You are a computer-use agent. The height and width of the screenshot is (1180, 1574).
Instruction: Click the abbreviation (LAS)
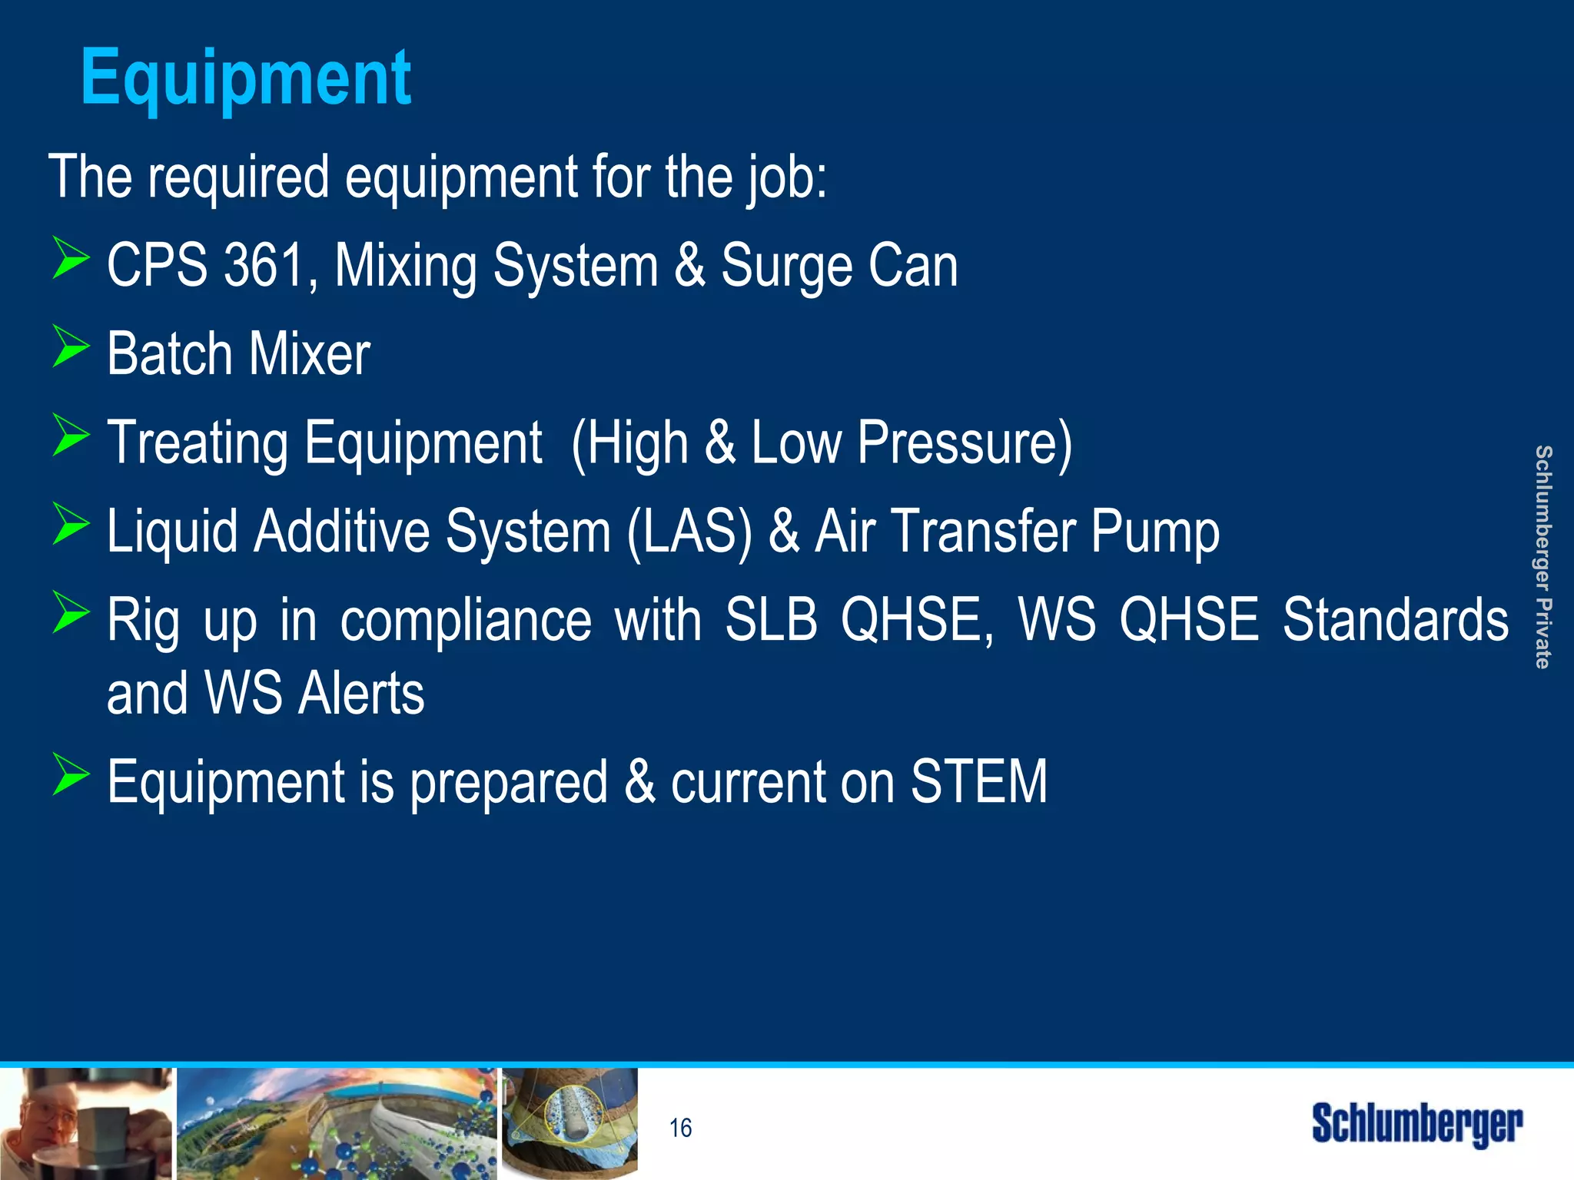689,532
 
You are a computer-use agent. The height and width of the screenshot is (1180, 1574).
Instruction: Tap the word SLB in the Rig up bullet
771,620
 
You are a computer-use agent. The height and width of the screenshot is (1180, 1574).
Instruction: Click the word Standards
1395,620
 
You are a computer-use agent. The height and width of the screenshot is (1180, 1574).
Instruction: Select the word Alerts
361,694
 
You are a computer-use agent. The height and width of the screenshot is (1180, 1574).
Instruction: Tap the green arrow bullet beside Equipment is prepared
71,774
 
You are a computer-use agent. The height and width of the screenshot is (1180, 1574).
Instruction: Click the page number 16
680,1128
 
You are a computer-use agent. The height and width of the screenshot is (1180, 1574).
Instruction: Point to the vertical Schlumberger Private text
1542,557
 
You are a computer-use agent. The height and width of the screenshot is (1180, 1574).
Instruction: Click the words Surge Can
839,266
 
